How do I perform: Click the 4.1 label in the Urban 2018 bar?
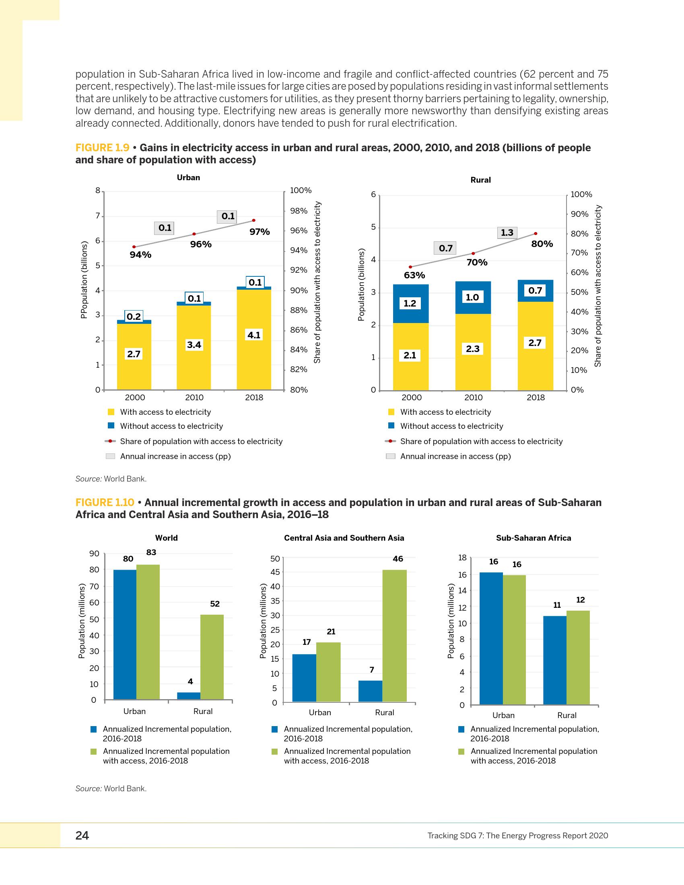click(254, 335)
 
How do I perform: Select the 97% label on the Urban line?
click(260, 232)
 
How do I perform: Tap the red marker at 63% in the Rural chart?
click(410, 267)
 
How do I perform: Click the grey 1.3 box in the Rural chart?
click(507, 233)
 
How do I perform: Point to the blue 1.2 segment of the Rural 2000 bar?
click(410, 304)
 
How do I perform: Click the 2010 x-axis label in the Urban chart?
click(194, 397)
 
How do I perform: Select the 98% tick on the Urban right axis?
click(299, 211)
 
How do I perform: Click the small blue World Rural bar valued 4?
click(189, 696)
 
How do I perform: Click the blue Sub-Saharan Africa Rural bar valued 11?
click(555, 660)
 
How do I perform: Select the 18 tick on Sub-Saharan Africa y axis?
click(462, 558)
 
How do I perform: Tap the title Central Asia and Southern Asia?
click(344, 538)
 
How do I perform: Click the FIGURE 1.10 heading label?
click(105, 502)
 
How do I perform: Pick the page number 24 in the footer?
click(82, 836)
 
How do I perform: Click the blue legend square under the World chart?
click(94, 729)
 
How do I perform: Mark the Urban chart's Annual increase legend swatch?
click(110, 456)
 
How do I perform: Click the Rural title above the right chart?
click(480, 180)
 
